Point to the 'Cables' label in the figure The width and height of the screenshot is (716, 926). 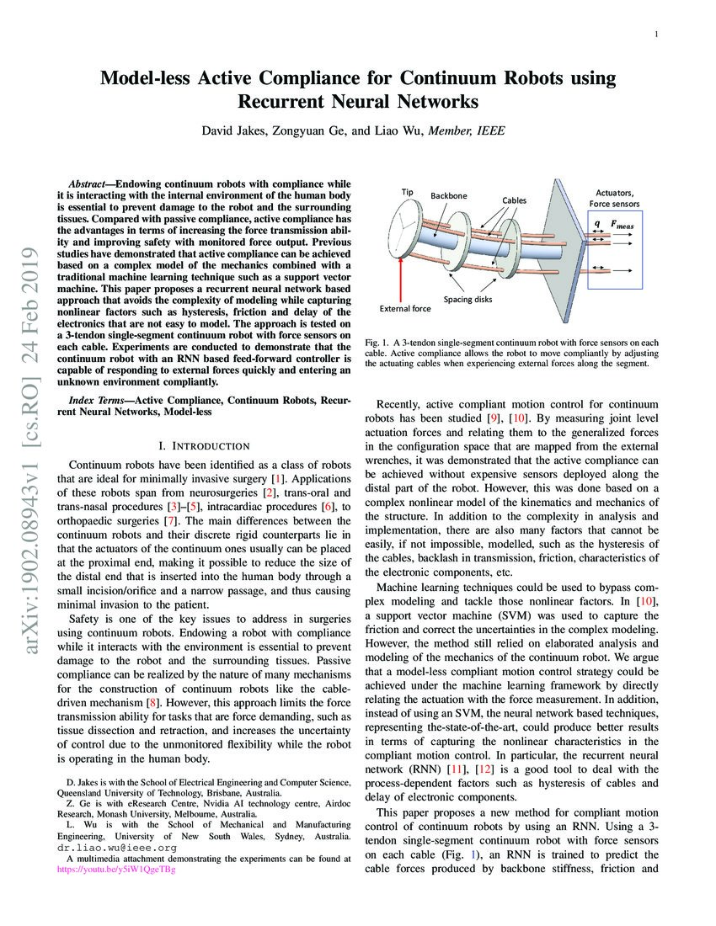click(x=516, y=201)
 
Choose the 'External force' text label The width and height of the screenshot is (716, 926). click(x=405, y=308)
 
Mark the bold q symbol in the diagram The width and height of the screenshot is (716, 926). click(x=597, y=225)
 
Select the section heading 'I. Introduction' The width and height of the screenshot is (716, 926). click(x=203, y=445)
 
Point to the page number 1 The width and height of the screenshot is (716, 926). click(x=655, y=34)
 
